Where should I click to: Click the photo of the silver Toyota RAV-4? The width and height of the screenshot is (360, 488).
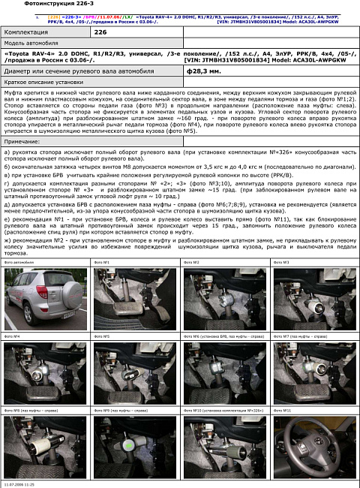pos(45,298)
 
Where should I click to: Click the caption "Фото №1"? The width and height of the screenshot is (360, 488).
pos(102,262)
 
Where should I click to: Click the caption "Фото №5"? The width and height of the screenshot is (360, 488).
pos(102,336)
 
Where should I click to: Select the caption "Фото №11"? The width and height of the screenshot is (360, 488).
pos(282,411)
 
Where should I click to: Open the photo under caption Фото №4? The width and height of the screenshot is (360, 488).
pos(45,372)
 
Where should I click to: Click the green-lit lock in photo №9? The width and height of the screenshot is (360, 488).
pos(131,445)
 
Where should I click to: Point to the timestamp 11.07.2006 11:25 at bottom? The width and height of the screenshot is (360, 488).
pos(19,485)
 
